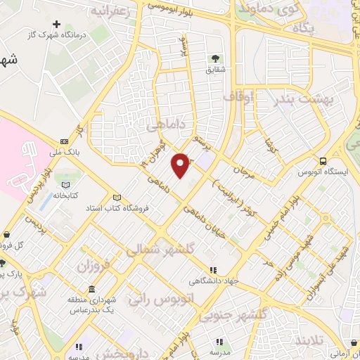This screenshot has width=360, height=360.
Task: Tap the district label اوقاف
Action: click(x=238, y=96)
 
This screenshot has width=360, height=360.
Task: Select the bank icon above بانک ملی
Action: click(x=65, y=141)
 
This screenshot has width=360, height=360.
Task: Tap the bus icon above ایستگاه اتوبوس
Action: click(x=322, y=160)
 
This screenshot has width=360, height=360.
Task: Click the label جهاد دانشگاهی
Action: click(x=212, y=280)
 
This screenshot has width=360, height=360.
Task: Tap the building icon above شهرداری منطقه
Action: click(x=92, y=290)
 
